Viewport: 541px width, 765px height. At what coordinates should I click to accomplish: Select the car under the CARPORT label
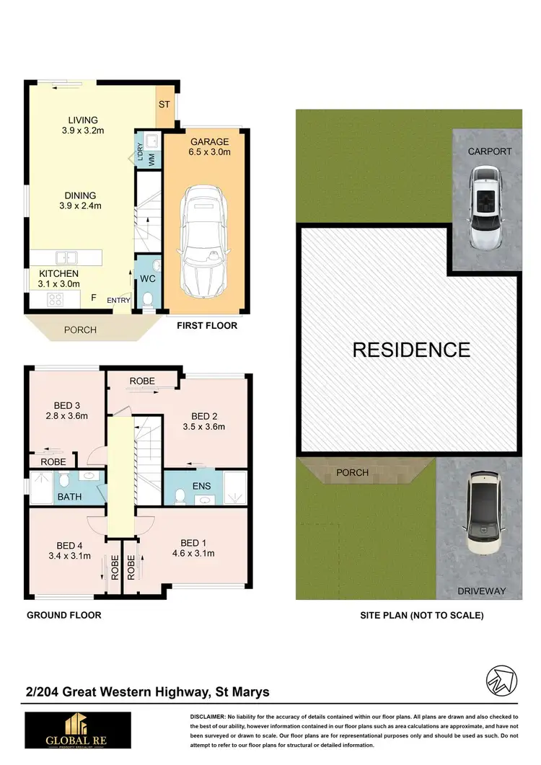[483, 207]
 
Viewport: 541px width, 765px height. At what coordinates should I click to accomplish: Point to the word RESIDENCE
[411, 350]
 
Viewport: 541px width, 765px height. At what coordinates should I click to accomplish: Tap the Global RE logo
[78, 730]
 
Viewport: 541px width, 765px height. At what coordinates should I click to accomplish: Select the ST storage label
[164, 105]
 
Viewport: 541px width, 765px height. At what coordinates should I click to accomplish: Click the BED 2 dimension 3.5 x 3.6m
[204, 426]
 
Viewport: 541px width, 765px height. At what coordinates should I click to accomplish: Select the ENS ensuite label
[201, 487]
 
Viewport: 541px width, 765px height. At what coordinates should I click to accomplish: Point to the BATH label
[70, 497]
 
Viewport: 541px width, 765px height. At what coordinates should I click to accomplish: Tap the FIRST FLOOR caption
[207, 326]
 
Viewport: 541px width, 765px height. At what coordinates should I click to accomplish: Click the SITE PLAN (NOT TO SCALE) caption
[422, 615]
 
